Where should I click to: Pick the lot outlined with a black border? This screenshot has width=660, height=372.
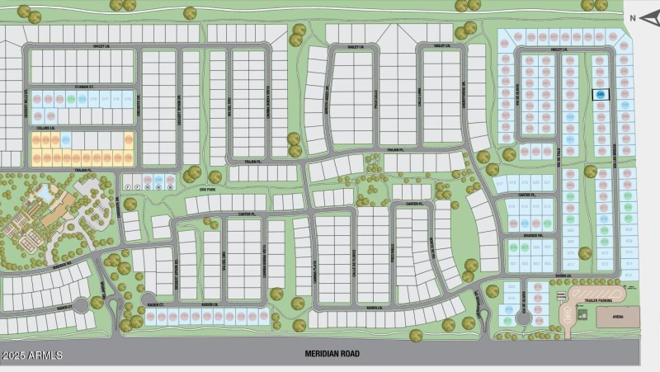pyautogui.click(x=600, y=96)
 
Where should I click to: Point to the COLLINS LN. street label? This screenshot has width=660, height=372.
pyautogui.click(x=45, y=129)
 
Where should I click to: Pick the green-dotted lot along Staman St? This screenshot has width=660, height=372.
pyautogui.click(x=72, y=99)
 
